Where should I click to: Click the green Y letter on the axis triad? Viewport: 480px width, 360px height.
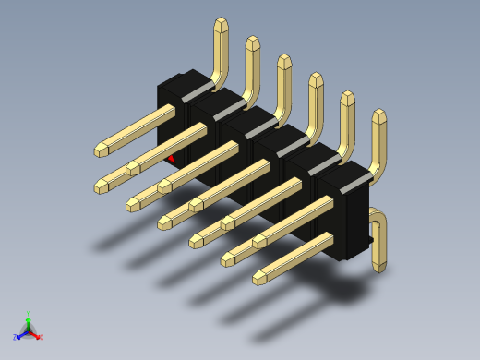pyautogui.click(x=29, y=313)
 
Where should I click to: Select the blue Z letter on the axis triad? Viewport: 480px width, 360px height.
pyautogui.click(x=15, y=337)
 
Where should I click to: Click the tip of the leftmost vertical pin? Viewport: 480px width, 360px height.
pyautogui.click(x=221, y=24)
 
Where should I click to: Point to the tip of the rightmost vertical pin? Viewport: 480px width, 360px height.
pyautogui.click(x=378, y=115)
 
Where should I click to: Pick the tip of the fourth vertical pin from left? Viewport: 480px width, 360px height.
pyautogui.click(x=316, y=79)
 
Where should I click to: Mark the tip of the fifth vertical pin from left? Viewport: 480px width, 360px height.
pyautogui.click(x=347, y=97)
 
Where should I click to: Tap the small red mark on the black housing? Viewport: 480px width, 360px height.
pyautogui.click(x=171, y=158)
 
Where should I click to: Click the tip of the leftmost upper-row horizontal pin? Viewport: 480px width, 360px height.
pyautogui.click(x=100, y=150)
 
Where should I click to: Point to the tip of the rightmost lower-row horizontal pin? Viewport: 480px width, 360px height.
pyautogui.click(x=258, y=276)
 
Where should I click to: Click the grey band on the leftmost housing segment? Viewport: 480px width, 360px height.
pyautogui.click(x=197, y=92)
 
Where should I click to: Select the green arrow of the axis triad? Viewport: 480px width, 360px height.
pyautogui.click(x=29, y=322)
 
